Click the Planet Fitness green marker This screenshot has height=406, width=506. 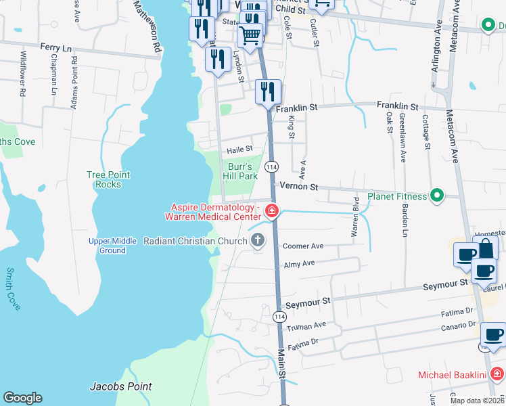pyautogui.click(x=437, y=197)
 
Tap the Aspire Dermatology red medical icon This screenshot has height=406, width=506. pyautogui.click(x=271, y=211)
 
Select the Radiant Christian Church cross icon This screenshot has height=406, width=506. pyautogui.click(x=257, y=240)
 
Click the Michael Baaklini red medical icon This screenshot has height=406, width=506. pyautogui.click(x=497, y=374)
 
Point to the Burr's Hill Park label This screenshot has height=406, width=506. pyautogui.click(x=240, y=171)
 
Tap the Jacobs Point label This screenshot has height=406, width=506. pyautogui.click(x=120, y=386)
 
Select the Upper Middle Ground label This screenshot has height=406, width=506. pyautogui.click(x=107, y=246)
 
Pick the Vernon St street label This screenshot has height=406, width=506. pyautogui.click(x=298, y=185)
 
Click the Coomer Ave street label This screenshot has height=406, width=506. pyautogui.click(x=303, y=246)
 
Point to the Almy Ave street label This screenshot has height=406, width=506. pyautogui.click(x=299, y=264)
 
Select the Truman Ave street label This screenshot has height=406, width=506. pyautogui.click(x=306, y=325)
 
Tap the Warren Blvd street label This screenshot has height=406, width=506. pyautogui.click(x=354, y=216)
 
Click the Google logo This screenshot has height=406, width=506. pyautogui.click(x=22, y=398)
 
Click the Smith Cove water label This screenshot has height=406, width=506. pyautogui.click(x=14, y=289)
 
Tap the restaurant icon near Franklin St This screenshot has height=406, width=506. pyautogui.click(x=268, y=91)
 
